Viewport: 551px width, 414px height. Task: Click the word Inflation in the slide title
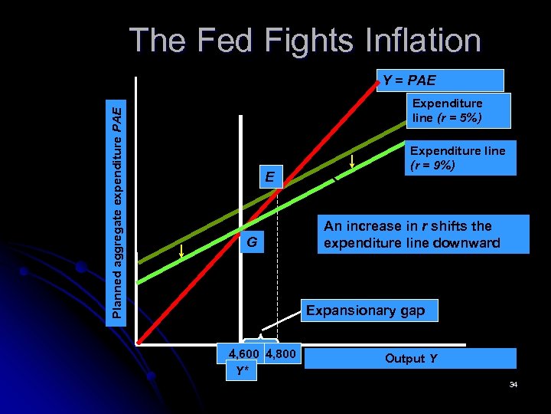click(417, 41)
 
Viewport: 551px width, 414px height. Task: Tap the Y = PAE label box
click(440, 80)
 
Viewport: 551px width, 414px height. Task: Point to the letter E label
click(269, 178)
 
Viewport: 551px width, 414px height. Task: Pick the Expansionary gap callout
click(370, 310)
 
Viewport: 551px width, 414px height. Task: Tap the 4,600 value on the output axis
click(243, 355)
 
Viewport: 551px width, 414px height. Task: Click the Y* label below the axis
click(242, 371)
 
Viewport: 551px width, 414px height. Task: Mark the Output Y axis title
click(410, 358)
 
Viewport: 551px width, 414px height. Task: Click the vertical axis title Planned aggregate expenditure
click(116, 212)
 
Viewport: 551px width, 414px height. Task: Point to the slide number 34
click(514, 383)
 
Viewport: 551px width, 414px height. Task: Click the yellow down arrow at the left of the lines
click(181, 252)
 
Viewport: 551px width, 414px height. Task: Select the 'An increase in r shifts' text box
click(422, 235)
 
